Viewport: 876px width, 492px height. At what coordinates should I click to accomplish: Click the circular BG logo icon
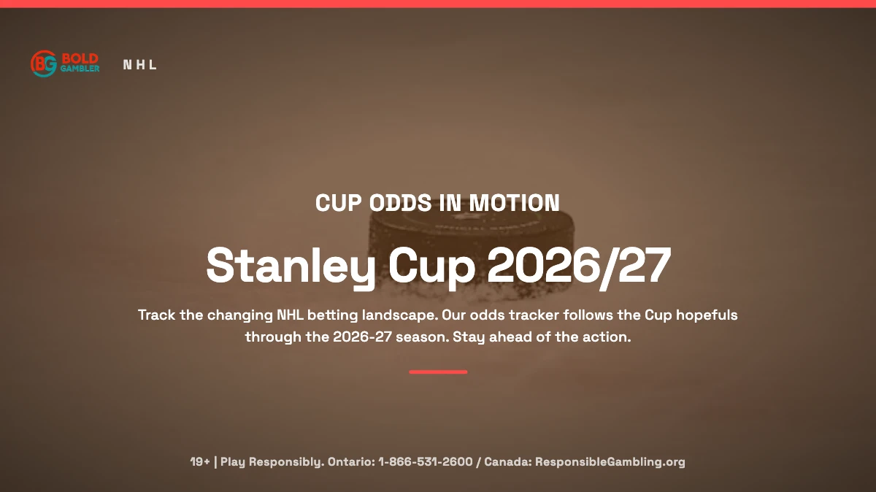tap(44, 64)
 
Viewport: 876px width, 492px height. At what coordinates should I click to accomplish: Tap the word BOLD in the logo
tap(80, 58)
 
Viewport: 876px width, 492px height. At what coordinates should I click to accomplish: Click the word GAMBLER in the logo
tap(80, 69)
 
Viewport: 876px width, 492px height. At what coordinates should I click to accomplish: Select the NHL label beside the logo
tap(139, 64)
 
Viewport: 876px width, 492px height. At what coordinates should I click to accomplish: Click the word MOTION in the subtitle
tap(514, 203)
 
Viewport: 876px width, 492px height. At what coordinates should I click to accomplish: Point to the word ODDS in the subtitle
tap(401, 203)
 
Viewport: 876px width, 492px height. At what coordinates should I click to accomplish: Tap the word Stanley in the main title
tap(291, 266)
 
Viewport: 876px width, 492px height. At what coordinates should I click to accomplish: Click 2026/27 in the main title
tap(580, 266)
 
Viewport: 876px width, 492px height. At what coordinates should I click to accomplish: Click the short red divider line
tap(438, 372)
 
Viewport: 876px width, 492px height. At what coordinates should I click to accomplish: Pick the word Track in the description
tap(156, 315)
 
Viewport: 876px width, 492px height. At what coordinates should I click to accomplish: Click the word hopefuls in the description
tap(707, 315)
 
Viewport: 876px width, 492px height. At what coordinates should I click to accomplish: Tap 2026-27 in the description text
tap(362, 337)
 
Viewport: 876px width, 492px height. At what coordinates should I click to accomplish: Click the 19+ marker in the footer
tap(200, 462)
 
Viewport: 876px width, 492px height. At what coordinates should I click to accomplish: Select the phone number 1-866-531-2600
tap(426, 462)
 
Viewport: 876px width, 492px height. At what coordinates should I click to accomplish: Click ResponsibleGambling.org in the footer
tap(610, 462)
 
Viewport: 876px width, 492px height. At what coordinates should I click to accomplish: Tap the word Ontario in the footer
tap(351, 462)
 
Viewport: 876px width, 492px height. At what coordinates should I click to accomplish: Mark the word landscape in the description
tap(400, 315)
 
